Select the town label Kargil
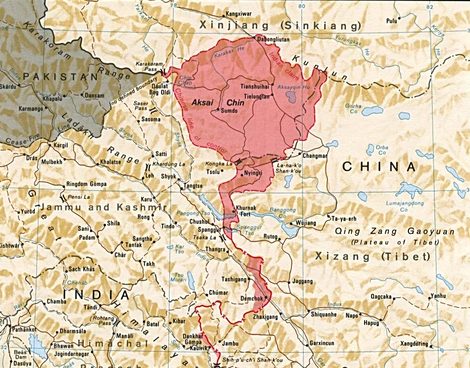click(x=61, y=146)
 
